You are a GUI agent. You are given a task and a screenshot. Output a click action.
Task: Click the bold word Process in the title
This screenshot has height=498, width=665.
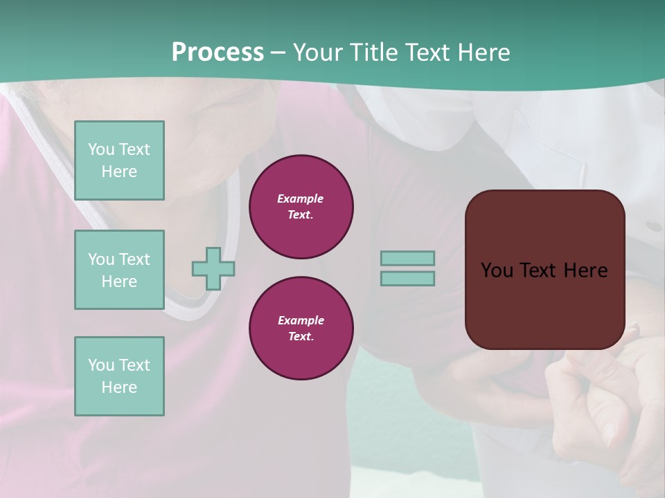[x=218, y=52]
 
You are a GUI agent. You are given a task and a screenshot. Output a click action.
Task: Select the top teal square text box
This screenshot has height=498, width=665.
[x=119, y=160]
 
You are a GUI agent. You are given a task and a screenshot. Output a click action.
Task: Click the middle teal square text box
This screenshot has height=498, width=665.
[x=119, y=270]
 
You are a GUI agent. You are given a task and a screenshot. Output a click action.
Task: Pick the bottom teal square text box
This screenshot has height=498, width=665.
[x=119, y=376]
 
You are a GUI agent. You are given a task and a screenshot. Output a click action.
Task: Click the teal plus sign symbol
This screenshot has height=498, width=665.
[x=213, y=268]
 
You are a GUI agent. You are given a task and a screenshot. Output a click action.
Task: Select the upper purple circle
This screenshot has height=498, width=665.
[x=301, y=207]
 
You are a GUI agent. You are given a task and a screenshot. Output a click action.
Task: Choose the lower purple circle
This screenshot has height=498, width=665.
[x=301, y=329]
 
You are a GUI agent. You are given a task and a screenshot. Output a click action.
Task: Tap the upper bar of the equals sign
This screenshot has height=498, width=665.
[x=408, y=259]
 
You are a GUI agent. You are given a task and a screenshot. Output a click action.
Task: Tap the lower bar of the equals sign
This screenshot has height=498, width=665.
[x=408, y=278]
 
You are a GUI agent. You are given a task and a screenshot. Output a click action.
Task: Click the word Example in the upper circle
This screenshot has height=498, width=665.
[x=301, y=199]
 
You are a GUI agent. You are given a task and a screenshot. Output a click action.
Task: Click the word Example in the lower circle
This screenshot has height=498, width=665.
[x=301, y=320]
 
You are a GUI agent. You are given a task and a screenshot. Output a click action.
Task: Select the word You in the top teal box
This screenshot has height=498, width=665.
[x=101, y=149]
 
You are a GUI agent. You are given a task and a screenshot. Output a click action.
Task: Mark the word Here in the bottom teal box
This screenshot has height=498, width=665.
[x=119, y=387]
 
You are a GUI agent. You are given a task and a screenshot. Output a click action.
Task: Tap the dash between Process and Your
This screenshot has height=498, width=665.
[x=278, y=53]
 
